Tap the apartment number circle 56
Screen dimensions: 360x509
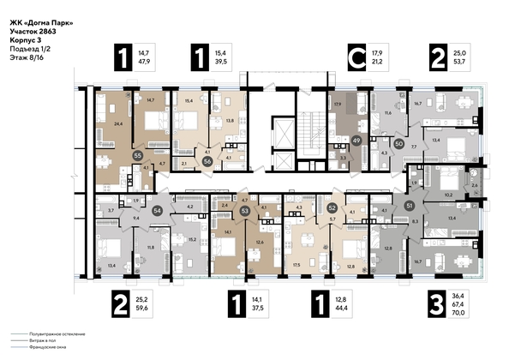pyautogui.click(x=207, y=160)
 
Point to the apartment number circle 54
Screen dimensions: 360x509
pyautogui.click(x=157, y=209)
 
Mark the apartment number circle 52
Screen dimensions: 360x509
pyautogui.click(x=332, y=207)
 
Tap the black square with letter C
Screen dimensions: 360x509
pyautogui.click(x=351, y=58)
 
